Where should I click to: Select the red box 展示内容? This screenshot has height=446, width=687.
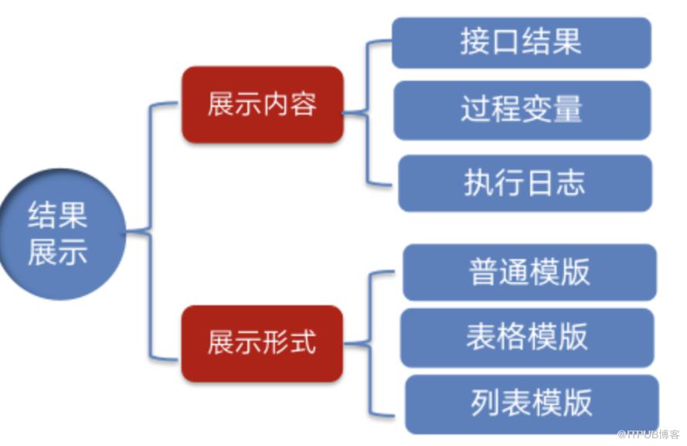coord(262,104)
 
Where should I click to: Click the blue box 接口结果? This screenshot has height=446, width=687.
coord(522,43)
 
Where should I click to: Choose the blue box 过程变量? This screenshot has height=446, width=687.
coord(522,110)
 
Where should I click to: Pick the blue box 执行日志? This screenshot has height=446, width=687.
coord(525,182)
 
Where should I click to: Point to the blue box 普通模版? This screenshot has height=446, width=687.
coord(529,272)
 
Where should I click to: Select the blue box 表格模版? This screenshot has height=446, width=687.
coord(527,338)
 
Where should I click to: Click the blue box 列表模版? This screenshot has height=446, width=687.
coord(532,403)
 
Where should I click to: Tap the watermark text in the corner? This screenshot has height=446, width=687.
coord(648,434)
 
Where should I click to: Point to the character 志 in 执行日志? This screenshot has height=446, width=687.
coord(571,182)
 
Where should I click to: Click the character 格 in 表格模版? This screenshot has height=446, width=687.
coord(512,338)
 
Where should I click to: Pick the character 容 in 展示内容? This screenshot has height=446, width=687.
coord(304,104)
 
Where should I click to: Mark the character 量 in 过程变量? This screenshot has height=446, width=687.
coord(568,110)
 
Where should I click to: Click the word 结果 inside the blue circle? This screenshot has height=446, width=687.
coord(58,216)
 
